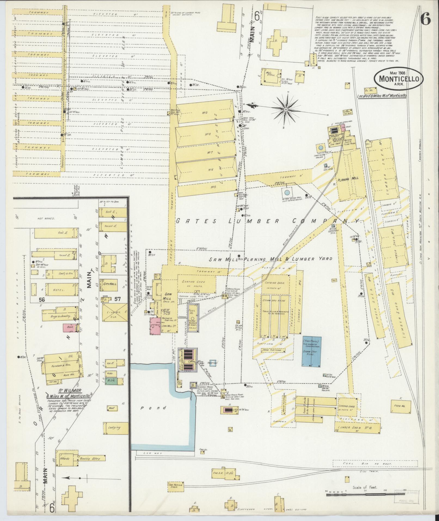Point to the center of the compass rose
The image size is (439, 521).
[x=286, y=109]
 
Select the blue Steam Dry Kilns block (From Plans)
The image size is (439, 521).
[x=311, y=351]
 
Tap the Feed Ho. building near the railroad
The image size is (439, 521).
[x=400, y=406]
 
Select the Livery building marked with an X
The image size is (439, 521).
[x=114, y=313]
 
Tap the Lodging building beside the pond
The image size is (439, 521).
[x=115, y=428]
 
